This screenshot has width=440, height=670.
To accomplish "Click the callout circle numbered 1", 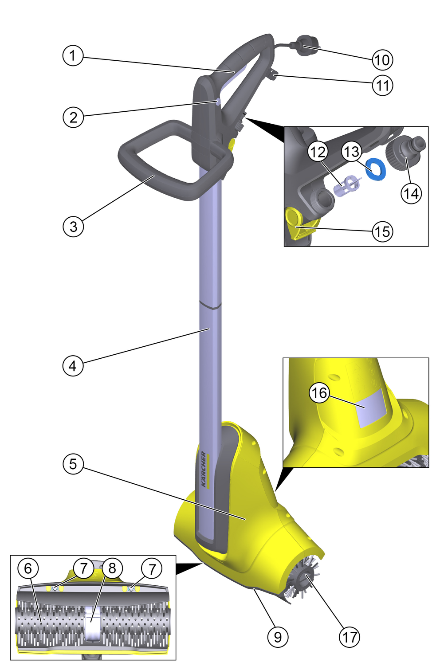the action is [x=73, y=55].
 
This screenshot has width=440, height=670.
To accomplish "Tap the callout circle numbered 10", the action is [x=382, y=60].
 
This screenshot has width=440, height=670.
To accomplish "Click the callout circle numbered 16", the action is [x=319, y=393].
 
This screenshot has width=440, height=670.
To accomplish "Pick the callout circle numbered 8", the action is [x=112, y=568].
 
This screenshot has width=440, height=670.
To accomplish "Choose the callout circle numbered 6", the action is [x=28, y=568].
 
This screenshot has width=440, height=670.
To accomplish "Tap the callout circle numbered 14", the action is [x=411, y=193].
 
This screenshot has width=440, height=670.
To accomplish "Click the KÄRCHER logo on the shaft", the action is [x=204, y=469].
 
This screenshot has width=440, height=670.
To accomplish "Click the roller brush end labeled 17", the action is [x=303, y=578].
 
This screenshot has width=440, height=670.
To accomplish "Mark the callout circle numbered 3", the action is [x=73, y=227].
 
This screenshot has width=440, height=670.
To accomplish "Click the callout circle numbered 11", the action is [x=383, y=85].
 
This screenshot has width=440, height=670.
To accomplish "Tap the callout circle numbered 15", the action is [x=382, y=231].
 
